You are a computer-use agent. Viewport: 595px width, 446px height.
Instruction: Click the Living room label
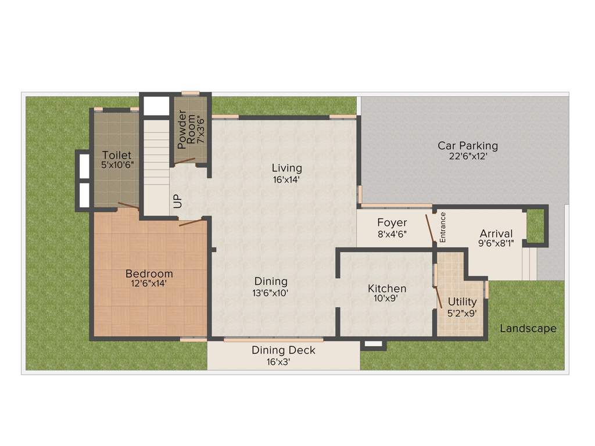click(x=287, y=168)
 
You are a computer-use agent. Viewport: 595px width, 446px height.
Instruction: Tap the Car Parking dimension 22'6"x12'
click(x=468, y=157)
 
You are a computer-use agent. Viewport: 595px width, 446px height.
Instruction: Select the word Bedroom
click(x=149, y=274)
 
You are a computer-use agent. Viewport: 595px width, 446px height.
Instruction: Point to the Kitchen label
click(x=387, y=289)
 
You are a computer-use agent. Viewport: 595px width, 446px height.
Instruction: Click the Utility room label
click(x=462, y=301)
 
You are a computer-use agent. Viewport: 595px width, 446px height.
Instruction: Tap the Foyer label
click(x=392, y=222)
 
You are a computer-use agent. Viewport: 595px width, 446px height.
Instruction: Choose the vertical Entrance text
click(x=443, y=227)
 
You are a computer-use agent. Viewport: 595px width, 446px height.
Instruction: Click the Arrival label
click(x=496, y=233)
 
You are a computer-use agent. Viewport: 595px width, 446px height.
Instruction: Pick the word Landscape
click(x=528, y=329)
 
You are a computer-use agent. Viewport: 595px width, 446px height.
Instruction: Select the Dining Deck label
click(x=284, y=350)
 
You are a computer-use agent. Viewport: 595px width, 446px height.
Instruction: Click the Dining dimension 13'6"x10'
click(x=270, y=293)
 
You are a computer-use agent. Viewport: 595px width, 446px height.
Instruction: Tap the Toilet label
click(x=117, y=155)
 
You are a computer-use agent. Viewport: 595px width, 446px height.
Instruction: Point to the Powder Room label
click(x=187, y=127)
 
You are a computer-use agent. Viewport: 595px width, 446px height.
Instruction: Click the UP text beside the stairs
click(x=178, y=201)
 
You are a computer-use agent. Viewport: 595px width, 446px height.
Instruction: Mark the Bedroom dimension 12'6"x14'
click(x=149, y=284)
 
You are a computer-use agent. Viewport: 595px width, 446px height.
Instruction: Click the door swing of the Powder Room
click(x=186, y=161)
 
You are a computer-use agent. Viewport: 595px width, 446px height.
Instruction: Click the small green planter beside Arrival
click(x=535, y=225)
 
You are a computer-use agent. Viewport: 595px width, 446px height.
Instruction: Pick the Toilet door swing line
click(x=128, y=205)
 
